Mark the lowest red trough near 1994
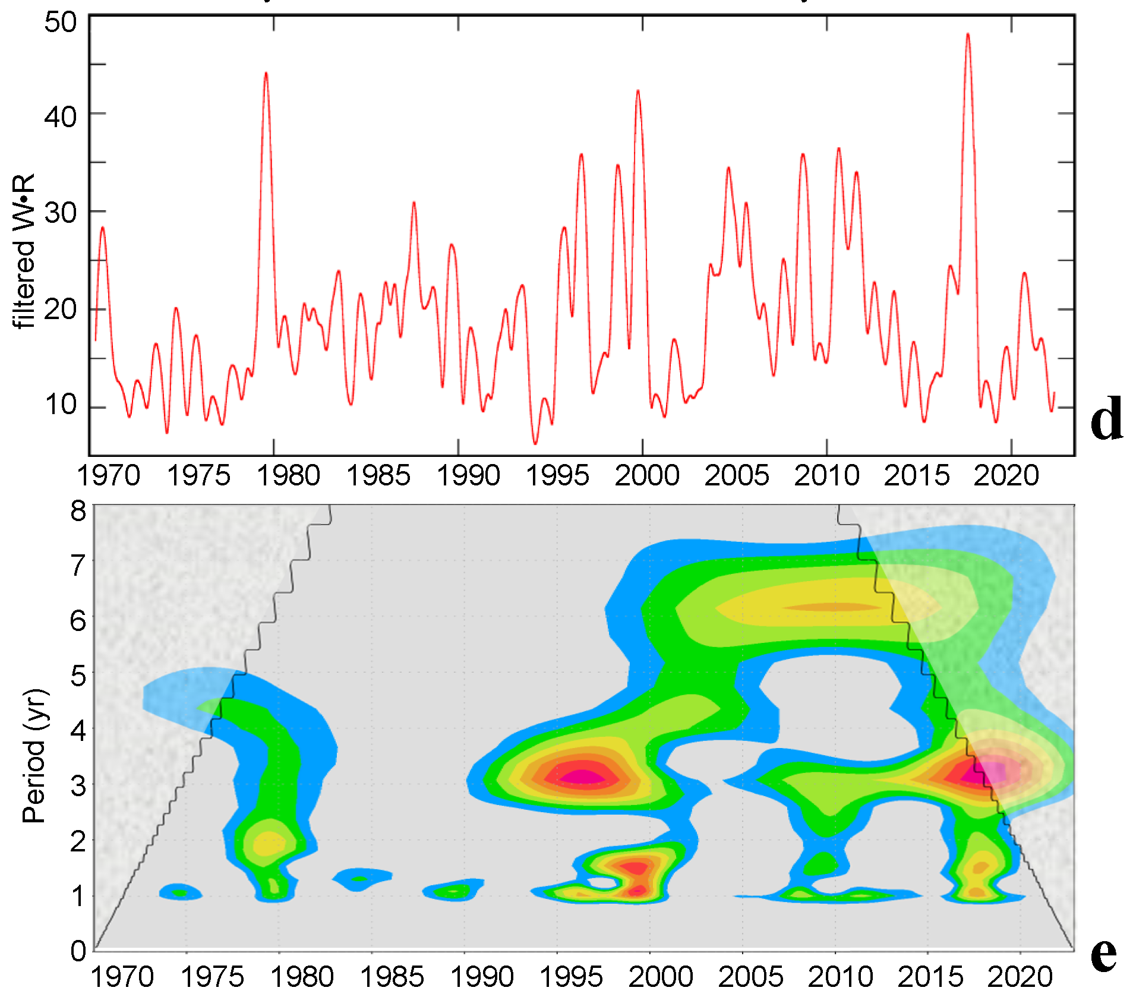535,442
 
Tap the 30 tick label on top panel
61,212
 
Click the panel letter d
1106,419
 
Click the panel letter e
1103,955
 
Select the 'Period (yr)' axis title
34,756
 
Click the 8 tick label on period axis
78,511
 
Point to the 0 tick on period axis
78,951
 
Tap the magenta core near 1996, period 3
582,777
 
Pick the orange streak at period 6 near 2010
835,607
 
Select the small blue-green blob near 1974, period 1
180,892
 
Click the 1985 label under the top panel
378,476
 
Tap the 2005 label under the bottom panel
750,977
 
